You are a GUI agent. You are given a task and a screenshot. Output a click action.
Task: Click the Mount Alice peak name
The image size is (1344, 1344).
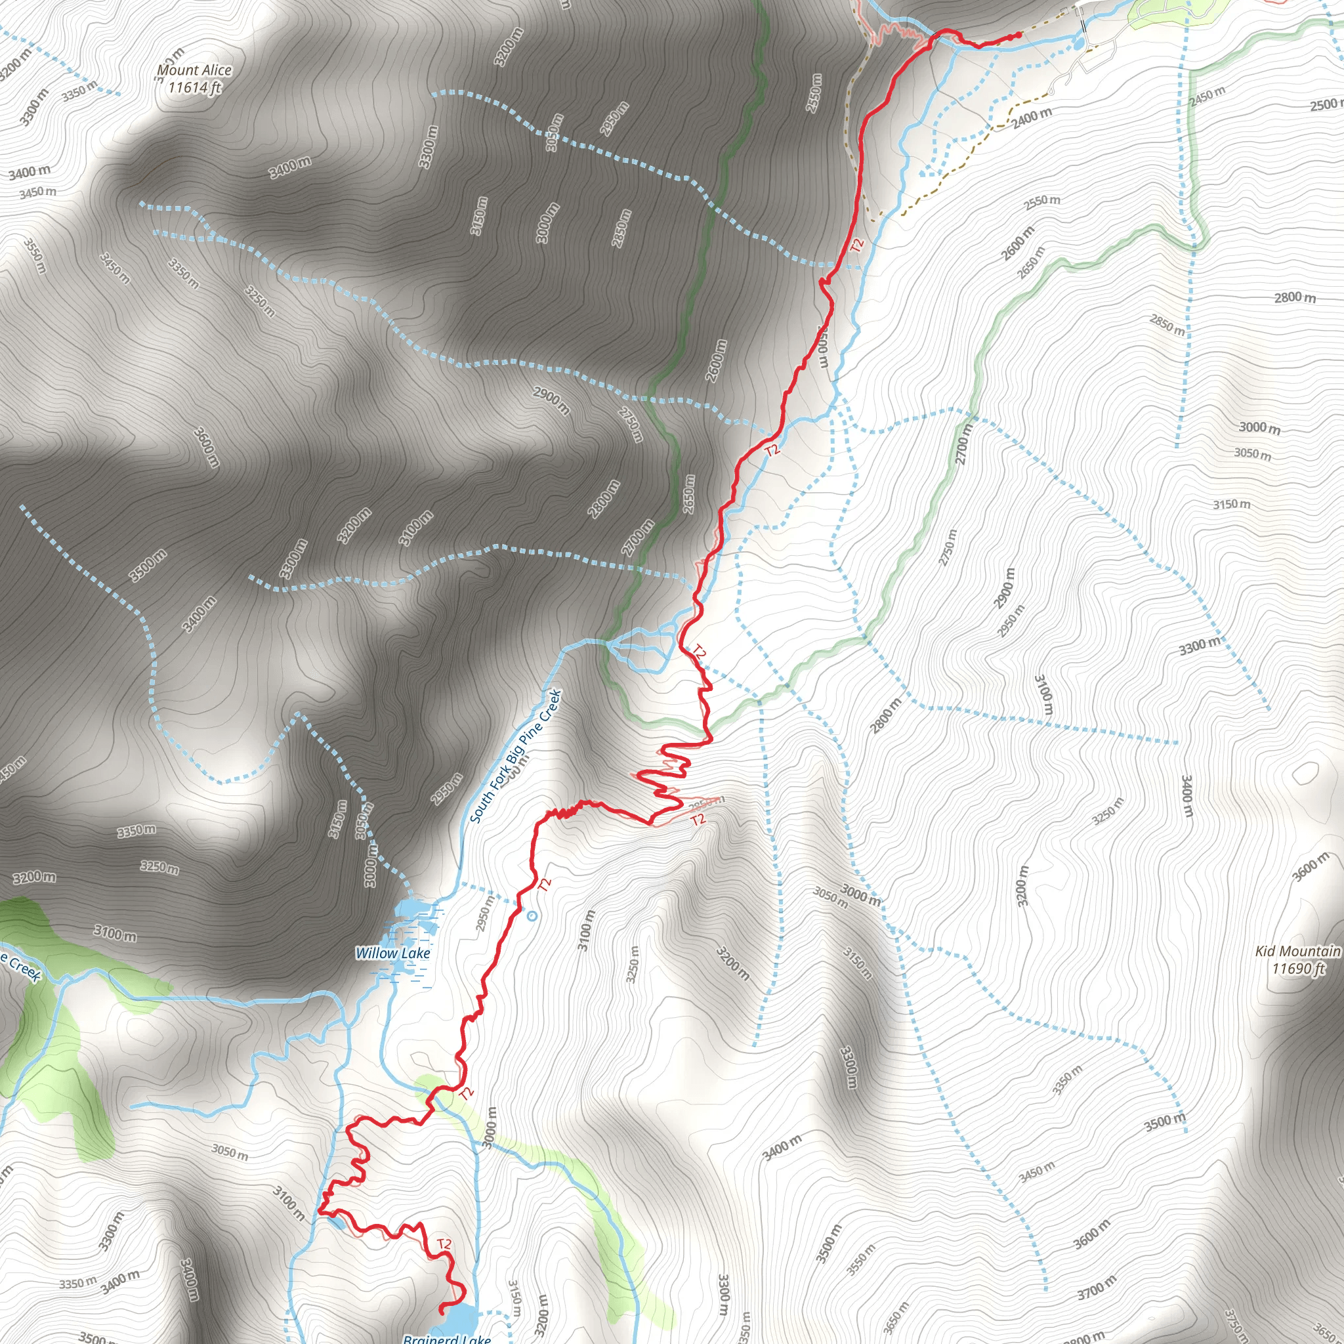(x=194, y=70)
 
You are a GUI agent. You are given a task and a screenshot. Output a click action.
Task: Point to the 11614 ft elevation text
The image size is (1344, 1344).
(x=194, y=88)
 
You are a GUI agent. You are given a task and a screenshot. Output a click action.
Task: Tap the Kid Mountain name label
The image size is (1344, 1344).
(x=1297, y=951)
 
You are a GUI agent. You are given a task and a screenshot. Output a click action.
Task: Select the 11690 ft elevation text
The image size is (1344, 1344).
(x=1298, y=969)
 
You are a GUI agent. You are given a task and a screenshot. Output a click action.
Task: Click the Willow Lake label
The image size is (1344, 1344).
(x=392, y=953)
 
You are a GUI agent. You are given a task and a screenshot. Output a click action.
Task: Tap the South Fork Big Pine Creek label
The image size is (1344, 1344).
(x=514, y=756)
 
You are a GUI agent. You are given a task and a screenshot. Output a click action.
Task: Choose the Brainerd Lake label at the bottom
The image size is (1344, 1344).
(x=448, y=1337)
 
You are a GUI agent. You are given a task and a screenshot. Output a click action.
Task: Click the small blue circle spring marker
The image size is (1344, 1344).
(x=532, y=915)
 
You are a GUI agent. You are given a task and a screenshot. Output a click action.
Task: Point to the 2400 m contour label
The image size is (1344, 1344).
(x=1032, y=118)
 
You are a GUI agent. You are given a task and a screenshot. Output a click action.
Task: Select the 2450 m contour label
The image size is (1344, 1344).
(x=1207, y=96)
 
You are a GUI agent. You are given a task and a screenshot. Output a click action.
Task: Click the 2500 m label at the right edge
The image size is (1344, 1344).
(x=1326, y=104)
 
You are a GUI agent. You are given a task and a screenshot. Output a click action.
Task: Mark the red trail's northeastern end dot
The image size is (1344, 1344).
(x=1018, y=34)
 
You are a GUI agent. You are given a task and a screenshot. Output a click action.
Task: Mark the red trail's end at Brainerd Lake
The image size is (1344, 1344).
(x=441, y=1311)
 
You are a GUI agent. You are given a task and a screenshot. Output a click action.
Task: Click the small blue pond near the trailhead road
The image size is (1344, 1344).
(x=1078, y=43)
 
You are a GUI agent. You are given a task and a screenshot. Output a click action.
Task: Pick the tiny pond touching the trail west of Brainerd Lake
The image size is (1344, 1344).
(x=335, y=1221)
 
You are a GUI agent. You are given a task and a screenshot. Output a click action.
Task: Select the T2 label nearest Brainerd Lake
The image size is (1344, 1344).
(x=444, y=1244)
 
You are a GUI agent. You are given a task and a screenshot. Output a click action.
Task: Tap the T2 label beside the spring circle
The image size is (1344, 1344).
(x=545, y=884)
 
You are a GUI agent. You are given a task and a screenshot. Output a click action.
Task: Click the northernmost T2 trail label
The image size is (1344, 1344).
(x=857, y=245)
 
